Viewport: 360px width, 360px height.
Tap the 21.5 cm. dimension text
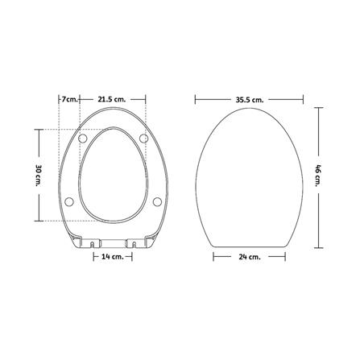pyautogui.click(x=112, y=98)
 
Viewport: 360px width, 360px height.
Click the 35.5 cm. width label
pyautogui.click(x=249, y=98)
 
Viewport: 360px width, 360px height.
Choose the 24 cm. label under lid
pyautogui.click(x=249, y=257)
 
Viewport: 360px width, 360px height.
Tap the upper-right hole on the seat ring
pyautogui.click(x=144, y=139)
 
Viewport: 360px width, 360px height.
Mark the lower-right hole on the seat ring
pyautogui.click(x=156, y=201)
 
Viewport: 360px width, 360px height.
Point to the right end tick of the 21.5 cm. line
pyautogui.click(x=144, y=98)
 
